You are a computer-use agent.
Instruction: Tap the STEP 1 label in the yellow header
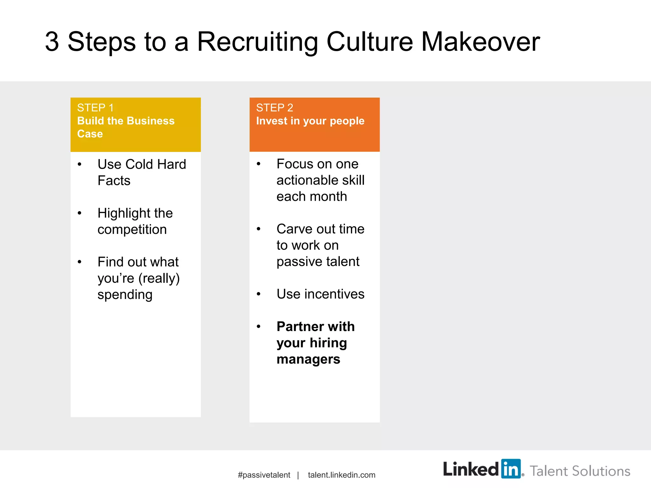(95, 108)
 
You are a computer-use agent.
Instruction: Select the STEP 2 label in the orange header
(275, 108)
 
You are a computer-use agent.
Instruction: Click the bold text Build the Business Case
(126, 127)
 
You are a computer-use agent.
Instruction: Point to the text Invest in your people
(310, 121)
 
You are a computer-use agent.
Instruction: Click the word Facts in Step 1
(114, 180)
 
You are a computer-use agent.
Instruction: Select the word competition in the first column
(132, 229)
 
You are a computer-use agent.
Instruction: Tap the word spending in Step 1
(125, 295)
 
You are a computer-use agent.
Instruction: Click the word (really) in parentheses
(159, 278)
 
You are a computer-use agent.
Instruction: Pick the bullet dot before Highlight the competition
(79, 213)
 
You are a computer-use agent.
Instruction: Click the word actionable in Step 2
(307, 180)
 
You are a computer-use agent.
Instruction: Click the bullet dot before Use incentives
(259, 294)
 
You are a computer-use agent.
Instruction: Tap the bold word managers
(308, 359)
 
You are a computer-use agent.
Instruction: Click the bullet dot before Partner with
(259, 327)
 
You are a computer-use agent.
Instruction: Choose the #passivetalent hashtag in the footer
(264, 475)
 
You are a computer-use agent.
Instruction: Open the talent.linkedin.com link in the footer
(341, 475)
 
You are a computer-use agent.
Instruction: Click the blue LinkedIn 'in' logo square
(511, 469)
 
